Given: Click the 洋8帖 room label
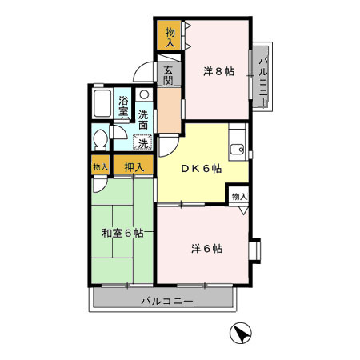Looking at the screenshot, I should (218, 70).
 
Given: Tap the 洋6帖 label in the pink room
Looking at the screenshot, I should (206, 248).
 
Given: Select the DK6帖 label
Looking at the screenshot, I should (200, 169).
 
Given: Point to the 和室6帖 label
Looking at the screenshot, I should (122, 233).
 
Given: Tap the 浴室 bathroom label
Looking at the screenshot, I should (124, 106).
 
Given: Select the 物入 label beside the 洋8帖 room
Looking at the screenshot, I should (170, 37).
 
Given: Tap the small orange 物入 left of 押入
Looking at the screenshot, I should (100, 166).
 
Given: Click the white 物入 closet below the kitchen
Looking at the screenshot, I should (239, 196).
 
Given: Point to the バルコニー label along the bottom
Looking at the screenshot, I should (166, 301).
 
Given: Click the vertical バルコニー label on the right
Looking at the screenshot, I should (264, 76).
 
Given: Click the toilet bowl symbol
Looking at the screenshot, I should (99, 142).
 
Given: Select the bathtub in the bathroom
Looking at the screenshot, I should (102, 103).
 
